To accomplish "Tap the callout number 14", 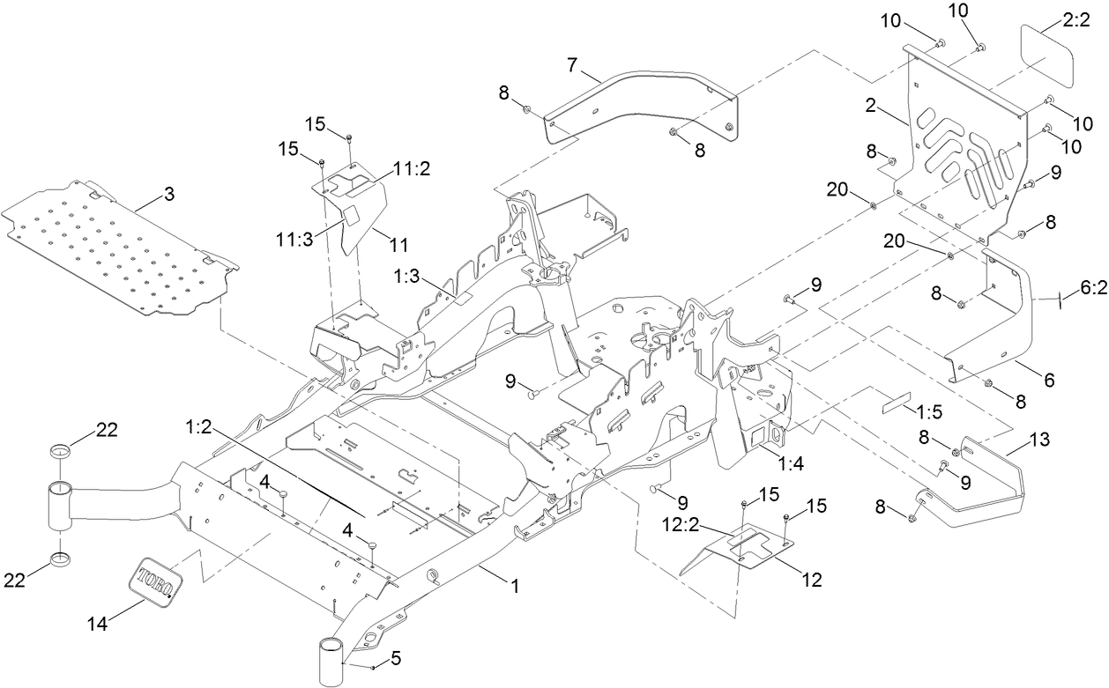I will [x=99, y=624].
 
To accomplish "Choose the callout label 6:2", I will [x=1092, y=290].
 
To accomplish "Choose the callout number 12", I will [x=811, y=580].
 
